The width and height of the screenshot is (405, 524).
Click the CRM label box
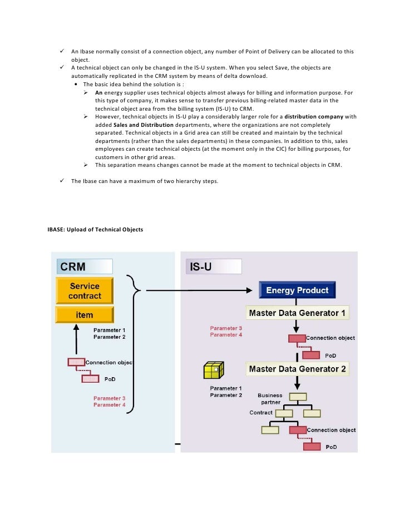[x=83, y=266]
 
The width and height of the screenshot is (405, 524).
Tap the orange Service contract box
[x=85, y=290]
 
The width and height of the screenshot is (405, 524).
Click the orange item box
[x=85, y=315]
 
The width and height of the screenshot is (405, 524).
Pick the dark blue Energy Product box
[x=297, y=290]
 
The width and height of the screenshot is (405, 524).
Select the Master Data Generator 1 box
[x=297, y=313]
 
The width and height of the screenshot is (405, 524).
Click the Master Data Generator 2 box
[x=297, y=369]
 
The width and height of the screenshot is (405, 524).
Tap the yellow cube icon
[x=213, y=370]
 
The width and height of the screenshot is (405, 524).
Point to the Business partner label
[x=270, y=399]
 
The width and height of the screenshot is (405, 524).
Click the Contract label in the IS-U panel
[x=261, y=413]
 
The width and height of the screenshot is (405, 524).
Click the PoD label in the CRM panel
[x=110, y=379]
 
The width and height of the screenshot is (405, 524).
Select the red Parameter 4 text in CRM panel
[x=109, y=405]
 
